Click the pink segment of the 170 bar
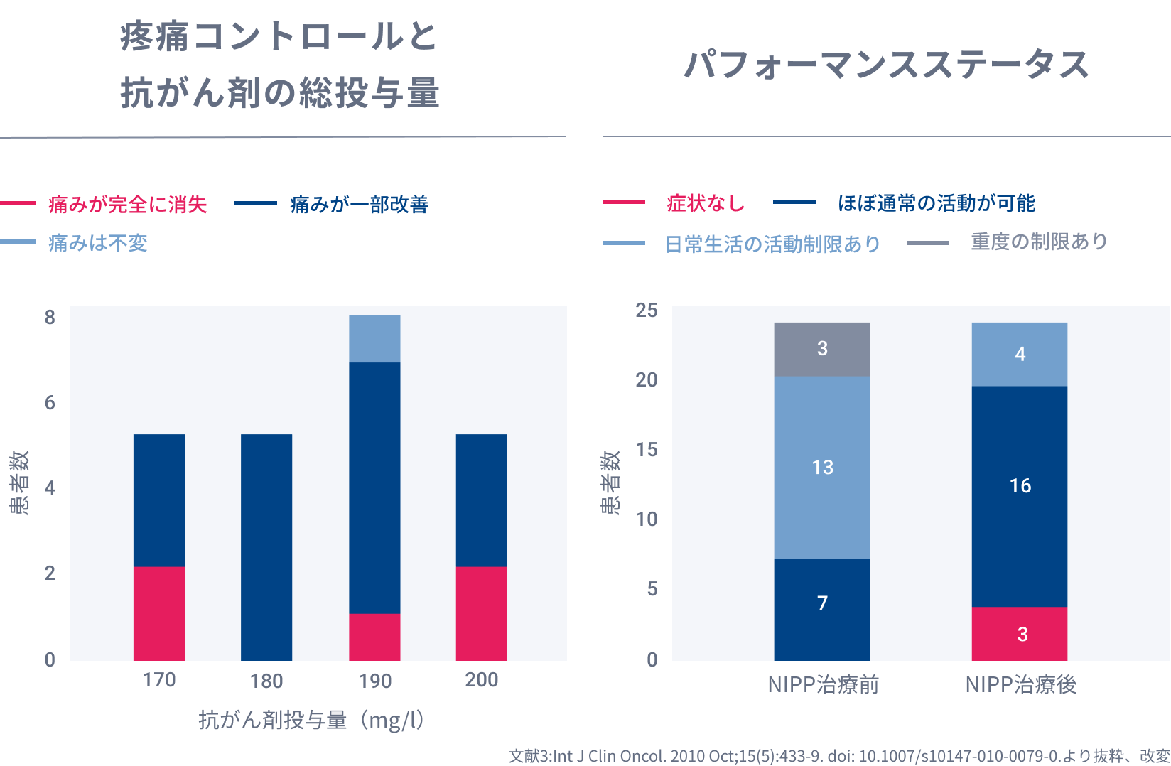(159, 613)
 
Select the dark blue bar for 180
(266, 547)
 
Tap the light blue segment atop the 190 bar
(374, 339)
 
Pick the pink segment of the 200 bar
(482, 613)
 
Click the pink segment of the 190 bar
(374, 637)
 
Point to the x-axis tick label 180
(266, 681)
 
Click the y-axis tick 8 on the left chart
(50, 317)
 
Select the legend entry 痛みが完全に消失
(127, 205)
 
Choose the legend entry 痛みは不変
(97, 243)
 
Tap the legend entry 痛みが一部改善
(359, 205)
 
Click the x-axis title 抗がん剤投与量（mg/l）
(312, 720)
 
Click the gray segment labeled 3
(822, 349)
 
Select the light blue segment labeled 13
(822, 467)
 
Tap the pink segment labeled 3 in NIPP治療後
(1020, 634)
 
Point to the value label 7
(822, 603)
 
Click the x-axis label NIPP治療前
(823, 685)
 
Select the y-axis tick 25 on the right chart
(647, 310)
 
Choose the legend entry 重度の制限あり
(1039, 242)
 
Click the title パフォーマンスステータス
(886, 65)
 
